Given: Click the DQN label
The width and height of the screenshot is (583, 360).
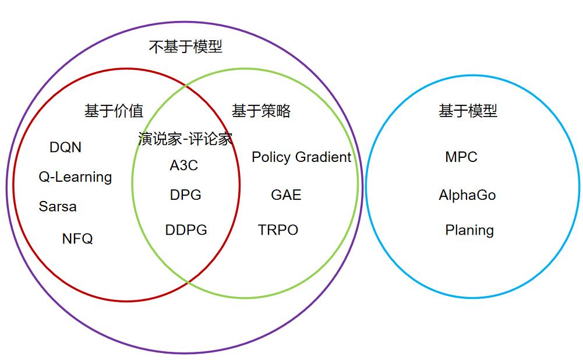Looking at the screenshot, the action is click(x=65, y=147).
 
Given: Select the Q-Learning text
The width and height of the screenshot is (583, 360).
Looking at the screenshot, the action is click(x=75, y=177).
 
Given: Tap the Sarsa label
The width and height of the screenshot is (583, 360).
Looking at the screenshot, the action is click(x=58, y=206).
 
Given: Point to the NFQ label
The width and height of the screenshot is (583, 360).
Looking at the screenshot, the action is click(x=77, y=238).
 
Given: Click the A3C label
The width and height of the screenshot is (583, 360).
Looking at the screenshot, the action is click(x=183, y=165).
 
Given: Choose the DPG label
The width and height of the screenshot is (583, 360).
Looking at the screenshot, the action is click(x=186, y=195).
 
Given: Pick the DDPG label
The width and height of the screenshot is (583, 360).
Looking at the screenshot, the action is click(x=186, y=230).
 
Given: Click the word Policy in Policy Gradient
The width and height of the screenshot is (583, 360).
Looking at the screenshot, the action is click(x=271, y=157).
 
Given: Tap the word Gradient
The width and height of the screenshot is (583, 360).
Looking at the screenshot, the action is click(x=323, y=157).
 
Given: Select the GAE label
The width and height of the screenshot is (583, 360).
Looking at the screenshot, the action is click(x=286, y=195).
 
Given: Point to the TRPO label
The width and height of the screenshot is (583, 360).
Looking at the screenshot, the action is click(x=278, y=230).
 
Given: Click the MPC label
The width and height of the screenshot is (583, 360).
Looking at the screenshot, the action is click(x=461, y=157).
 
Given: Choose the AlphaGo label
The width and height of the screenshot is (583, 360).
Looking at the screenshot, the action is click(x=467, y=195).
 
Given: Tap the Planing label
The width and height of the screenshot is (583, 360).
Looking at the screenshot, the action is click(x=469, y=230).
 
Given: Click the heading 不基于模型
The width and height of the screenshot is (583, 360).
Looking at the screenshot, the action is click(x=186, y=47).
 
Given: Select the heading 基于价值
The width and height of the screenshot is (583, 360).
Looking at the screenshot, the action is click(x=114, y=111).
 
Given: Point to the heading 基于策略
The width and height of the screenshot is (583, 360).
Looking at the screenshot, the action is click(x=261, y=111).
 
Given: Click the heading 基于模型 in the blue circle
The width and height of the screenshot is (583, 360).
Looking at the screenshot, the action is click(x=468, y=111).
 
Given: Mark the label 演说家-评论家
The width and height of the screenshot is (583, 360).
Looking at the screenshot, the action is click(x=185, y=139).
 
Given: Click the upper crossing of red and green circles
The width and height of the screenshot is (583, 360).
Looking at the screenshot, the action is click(x=186, y=85).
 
